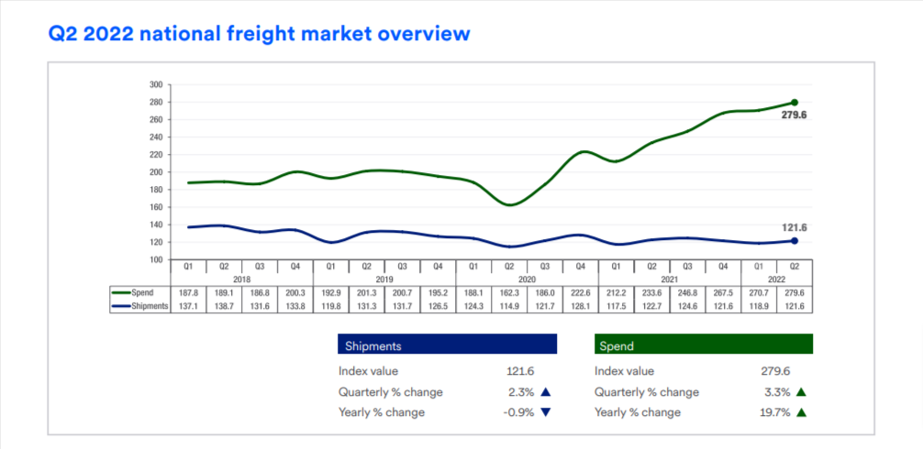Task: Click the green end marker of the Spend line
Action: click(794, 103)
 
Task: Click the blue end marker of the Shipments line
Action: click(794, 241)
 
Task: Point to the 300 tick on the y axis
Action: click(156, 84)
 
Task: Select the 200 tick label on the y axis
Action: click(156, 172)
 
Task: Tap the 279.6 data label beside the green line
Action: click(794, 116)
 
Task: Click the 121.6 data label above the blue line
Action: click(794, 226)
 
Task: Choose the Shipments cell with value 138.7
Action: click(223, 306)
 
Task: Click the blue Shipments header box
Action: click(447, 345)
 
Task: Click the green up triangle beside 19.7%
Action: click(801, 412)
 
